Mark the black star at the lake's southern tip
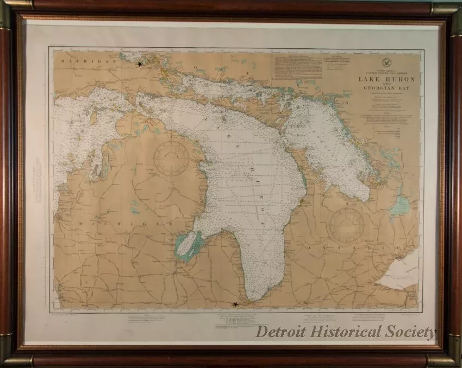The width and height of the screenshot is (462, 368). (x=235, y=304)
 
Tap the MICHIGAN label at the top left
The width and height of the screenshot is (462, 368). (x=82, y=62)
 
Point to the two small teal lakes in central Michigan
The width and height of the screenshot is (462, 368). (x=134, y=206)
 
